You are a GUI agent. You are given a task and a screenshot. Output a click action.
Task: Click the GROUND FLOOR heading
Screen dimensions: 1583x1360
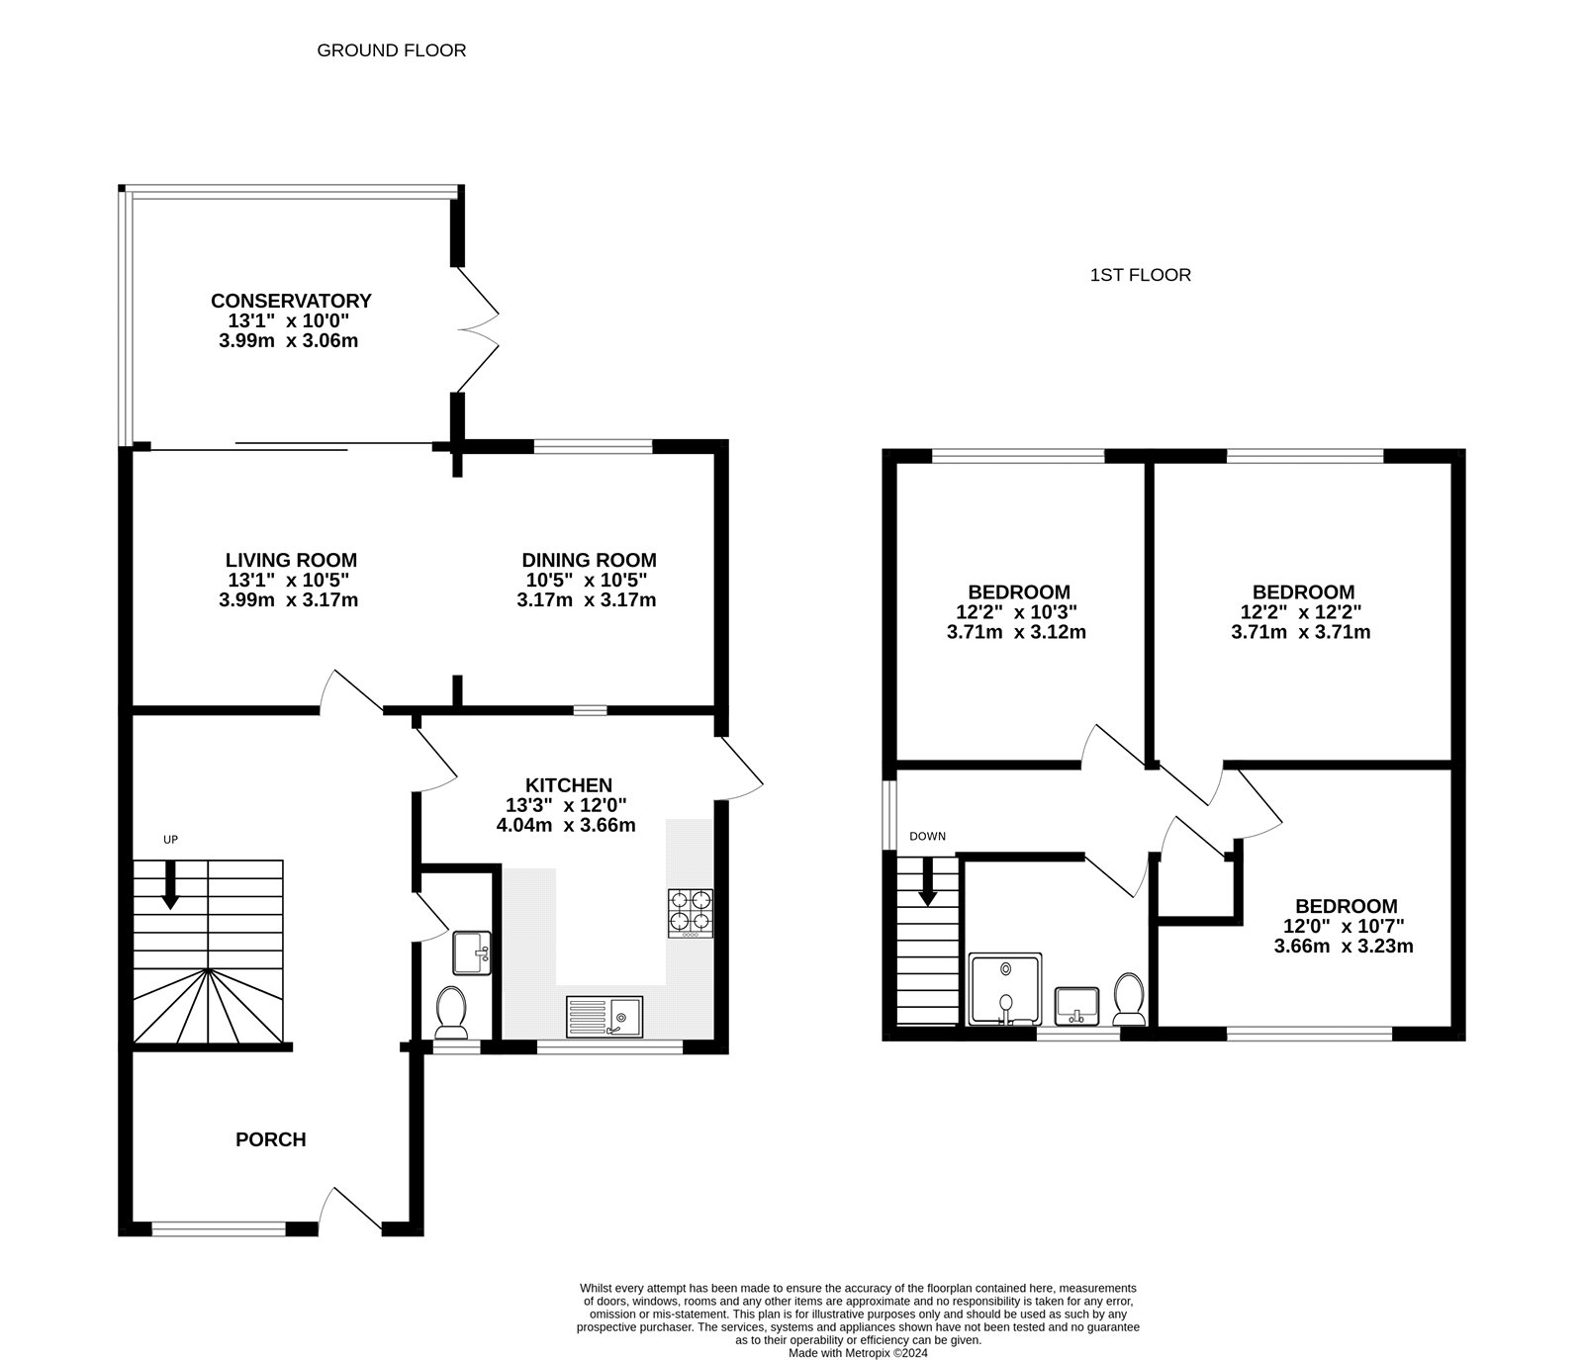[391, 50]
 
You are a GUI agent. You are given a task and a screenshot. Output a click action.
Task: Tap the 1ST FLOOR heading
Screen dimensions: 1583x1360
[1140, 275]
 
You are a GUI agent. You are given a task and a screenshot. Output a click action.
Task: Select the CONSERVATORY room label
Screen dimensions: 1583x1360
[291, 301]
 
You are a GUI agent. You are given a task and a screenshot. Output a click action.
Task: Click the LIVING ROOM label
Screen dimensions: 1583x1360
[291, 561]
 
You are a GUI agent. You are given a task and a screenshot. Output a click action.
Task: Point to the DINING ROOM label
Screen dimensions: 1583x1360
[589, 561]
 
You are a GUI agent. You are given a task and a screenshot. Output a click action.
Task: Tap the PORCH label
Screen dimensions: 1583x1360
[270, 1139]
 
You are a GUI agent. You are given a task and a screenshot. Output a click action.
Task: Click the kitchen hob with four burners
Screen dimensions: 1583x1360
[692, 914]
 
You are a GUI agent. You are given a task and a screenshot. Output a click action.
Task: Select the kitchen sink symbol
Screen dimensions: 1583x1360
[605, 1017]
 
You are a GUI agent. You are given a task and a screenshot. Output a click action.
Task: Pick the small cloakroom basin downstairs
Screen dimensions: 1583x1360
[472, 953]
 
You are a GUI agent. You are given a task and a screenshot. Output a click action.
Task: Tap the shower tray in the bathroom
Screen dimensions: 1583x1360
[1005, 990]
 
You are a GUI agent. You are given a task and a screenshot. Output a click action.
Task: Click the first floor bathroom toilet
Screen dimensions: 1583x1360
[1129, 999]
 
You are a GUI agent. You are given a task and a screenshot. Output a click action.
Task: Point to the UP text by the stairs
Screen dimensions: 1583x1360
[170, 840]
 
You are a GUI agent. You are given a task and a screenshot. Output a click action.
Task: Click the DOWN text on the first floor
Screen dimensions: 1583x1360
[927, 837]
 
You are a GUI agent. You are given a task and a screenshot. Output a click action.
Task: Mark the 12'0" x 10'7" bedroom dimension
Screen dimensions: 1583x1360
[1345, 927]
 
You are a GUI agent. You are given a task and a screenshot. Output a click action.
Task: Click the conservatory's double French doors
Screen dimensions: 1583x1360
[476, 330]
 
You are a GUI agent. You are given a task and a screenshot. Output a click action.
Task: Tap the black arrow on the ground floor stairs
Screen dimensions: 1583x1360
[170, 885]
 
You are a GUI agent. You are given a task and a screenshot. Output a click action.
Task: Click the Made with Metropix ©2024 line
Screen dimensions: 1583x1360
[858, 1353]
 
